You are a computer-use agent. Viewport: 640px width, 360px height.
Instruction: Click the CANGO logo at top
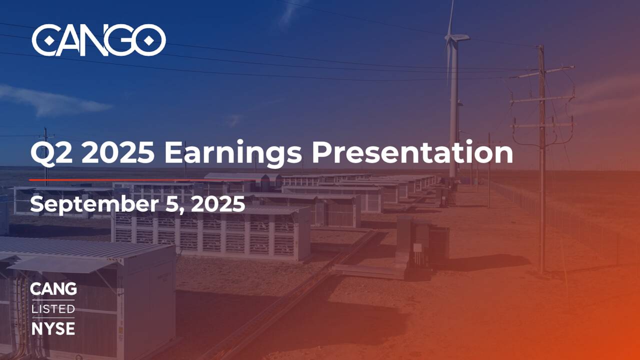(x=98, y=40)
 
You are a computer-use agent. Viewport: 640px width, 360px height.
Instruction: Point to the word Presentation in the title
(x=412, y=152)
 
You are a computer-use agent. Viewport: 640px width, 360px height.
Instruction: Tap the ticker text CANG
(x=53, y=289)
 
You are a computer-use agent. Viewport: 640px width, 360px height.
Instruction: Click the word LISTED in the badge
(x=53, y=308)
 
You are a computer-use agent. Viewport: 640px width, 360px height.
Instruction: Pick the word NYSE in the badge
(x=53, y=328)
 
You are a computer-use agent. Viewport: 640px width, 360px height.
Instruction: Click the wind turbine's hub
(x=452, y=37)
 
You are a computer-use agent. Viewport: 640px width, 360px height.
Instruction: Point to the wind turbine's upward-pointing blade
(x=451, y=17)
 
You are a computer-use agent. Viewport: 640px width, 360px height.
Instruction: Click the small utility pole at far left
(x=46, y=150)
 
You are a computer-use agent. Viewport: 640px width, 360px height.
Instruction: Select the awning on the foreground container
(x=60, y=264)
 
